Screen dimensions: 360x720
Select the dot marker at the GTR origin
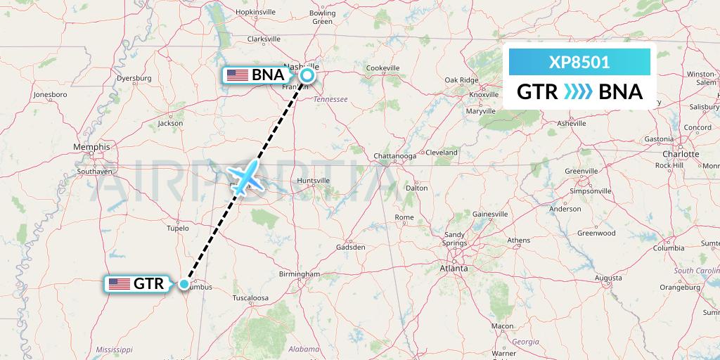[184, 284]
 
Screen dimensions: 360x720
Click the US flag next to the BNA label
[237, 75]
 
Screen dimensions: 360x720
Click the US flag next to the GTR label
[119, 284]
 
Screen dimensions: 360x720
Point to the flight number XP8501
[579, 63]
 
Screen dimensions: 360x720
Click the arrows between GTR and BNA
[579, 92]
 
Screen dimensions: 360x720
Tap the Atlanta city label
[454, 268]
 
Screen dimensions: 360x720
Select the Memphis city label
[91, 147]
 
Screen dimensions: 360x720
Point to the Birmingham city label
[299, 274]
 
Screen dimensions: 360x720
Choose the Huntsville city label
[313, 181]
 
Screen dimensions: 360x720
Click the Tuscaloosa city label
[250, 298]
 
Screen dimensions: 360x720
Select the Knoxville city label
[483, 94]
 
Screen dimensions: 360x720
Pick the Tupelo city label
[178, 228]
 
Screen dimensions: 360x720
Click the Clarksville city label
[264, 39]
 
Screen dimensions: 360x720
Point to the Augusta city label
[607, 278]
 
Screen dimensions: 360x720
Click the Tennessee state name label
[330, 99]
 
